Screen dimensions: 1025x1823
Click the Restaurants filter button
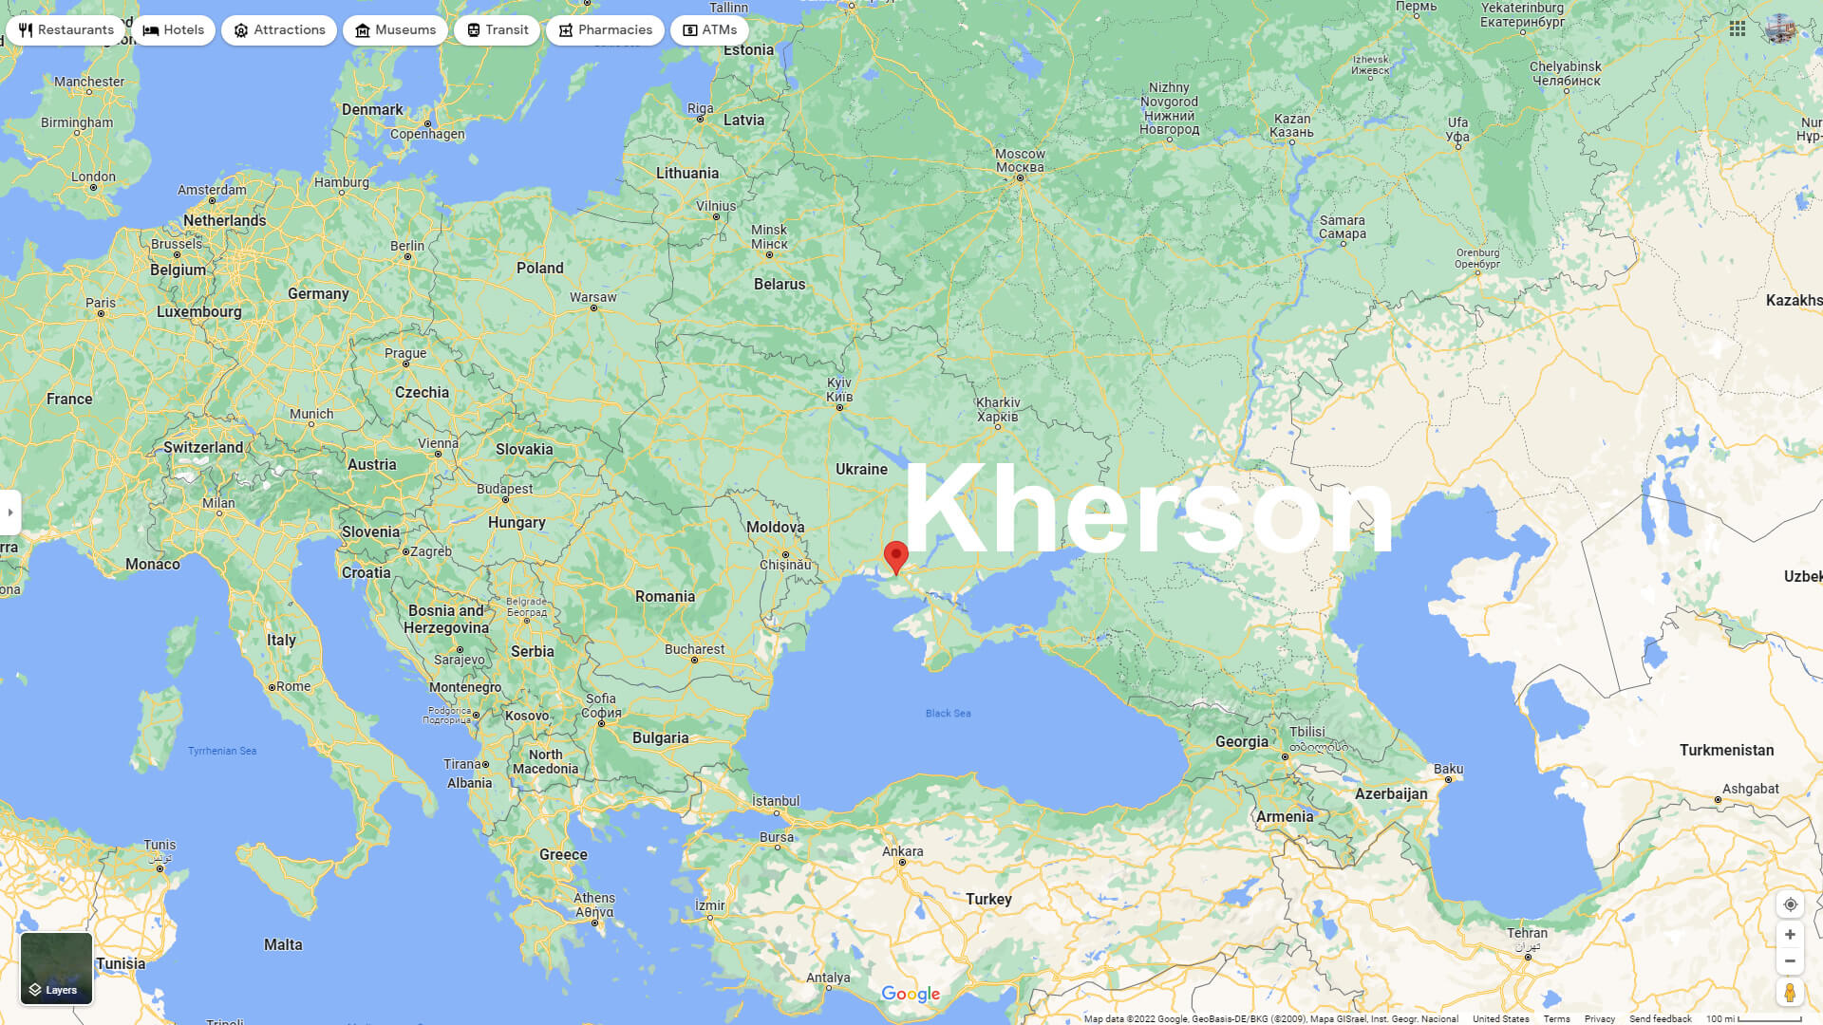coord(66,30)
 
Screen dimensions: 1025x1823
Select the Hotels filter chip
coord(174,30)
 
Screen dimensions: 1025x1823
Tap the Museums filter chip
coord(395,30)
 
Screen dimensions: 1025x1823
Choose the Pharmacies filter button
coord(605,30)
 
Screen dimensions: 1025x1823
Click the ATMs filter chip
coord(709,30)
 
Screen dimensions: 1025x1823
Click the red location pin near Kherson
coord(895,556)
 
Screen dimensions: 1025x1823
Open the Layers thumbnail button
coord(57,968)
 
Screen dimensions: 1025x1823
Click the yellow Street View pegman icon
coord(1790,993)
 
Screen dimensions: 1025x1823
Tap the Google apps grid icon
coord(1738,28)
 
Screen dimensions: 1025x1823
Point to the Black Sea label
coord(948,714)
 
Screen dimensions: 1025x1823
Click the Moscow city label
coord(1020,160)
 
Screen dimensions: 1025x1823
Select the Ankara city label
coord(902,851)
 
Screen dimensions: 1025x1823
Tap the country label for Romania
coord(665,597)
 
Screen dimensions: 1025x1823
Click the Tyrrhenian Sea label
coord(222,751)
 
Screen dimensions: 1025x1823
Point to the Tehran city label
coord(1527,934)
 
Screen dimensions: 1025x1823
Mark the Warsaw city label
coord(592,297)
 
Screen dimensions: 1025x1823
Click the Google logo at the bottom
coord(911,994)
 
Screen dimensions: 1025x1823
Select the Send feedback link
coord(1660,1018)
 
